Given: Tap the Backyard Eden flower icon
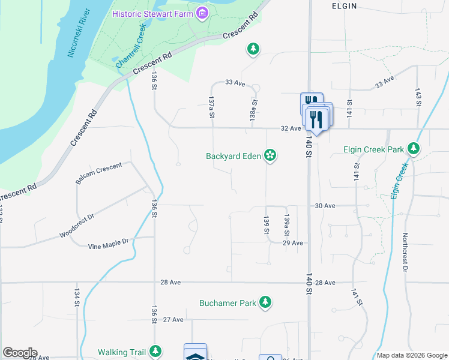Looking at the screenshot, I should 271,156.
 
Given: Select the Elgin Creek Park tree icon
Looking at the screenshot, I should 413,148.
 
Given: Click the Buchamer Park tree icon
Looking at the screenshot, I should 265,303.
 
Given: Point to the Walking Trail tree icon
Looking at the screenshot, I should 156,351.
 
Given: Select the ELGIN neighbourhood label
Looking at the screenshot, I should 344,6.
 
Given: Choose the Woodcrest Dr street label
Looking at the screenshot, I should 77,226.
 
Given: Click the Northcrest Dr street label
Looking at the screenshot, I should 405,251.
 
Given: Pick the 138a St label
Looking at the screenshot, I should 254,110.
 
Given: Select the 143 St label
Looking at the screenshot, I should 418,97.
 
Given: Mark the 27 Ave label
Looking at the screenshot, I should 173,320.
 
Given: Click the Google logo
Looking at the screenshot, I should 20,353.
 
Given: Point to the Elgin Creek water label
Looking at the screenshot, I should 397,181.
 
